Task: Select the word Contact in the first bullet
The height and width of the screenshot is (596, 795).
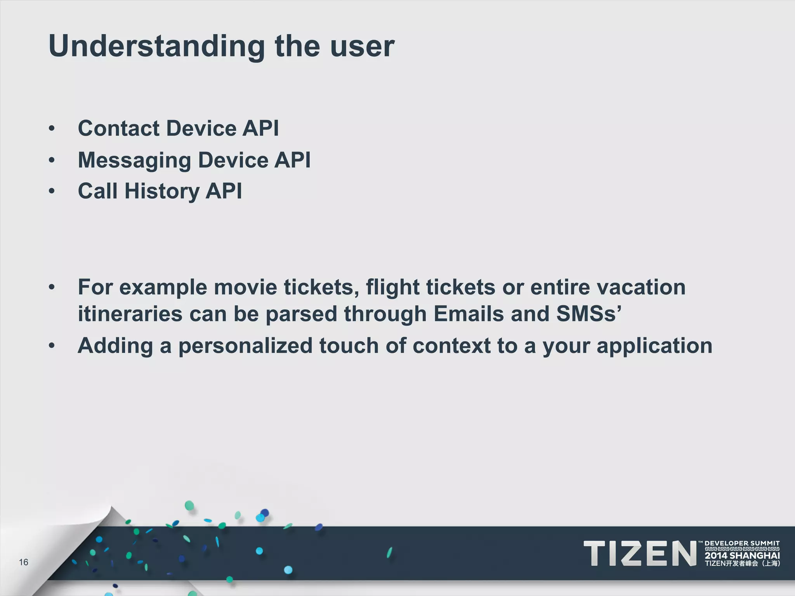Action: click(119, 128)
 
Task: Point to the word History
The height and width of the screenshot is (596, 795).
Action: click(162, 191)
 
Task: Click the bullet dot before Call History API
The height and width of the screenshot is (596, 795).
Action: click(52, 191)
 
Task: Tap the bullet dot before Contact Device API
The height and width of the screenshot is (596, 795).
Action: click(52, 128)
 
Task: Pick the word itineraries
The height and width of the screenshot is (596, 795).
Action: click(130, 314)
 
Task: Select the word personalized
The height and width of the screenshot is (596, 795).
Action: click(245, 346)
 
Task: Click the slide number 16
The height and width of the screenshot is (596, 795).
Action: click(24, 562)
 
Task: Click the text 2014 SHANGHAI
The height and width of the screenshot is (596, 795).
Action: click(742, 556)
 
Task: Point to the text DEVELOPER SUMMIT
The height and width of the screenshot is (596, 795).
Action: click(742, 543)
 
